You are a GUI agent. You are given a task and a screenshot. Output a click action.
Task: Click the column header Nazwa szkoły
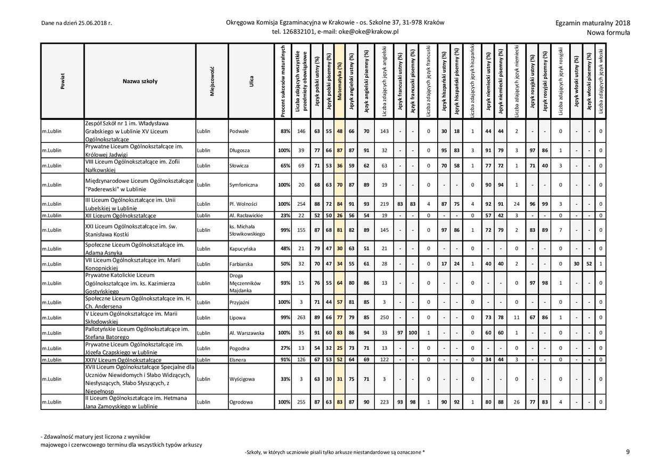pos(140,81)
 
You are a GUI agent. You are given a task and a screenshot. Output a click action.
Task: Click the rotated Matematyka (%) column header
pos(340,81)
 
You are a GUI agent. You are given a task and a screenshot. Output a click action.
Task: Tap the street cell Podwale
pos(240,131)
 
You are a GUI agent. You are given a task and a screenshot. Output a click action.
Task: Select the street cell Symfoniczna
pos(244,185)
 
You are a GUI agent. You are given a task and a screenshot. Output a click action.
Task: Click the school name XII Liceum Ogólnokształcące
pos(121,215)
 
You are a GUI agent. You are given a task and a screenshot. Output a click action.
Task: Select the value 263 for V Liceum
pos(301,318)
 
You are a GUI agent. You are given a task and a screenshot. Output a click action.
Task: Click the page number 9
pos(628,452)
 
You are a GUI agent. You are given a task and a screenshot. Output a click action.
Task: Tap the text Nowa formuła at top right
pos(608,33)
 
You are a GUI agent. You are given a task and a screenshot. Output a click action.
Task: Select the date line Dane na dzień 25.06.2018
pos(76,23)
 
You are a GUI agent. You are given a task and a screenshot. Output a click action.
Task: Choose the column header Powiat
pos(62,81)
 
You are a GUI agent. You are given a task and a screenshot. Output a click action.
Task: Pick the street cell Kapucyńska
pos(243,249)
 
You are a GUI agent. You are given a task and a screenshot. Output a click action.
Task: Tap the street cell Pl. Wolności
pos(243,204)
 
